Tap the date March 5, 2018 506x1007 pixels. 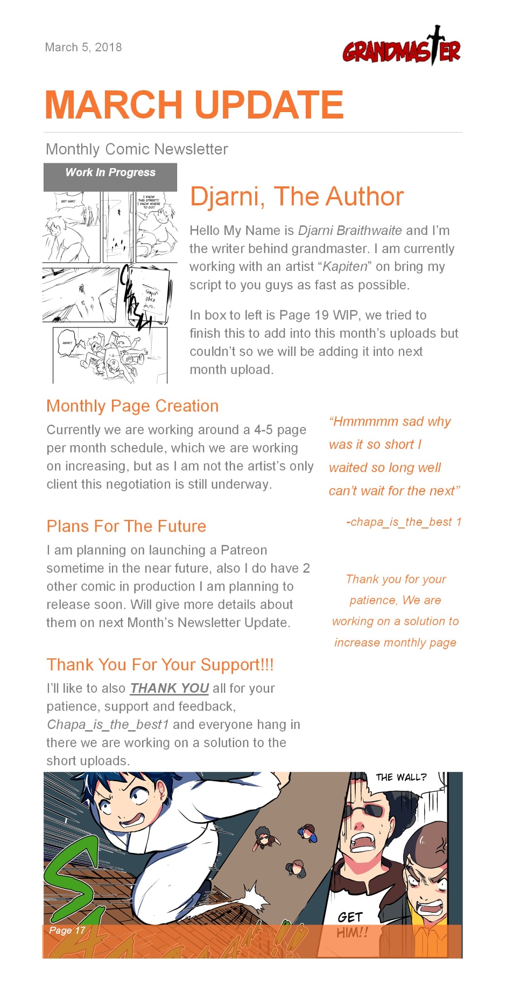83,47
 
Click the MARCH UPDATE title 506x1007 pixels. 194,105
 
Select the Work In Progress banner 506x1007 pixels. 110,173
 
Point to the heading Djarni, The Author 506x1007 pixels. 297,197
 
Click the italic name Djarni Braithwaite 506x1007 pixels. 349,231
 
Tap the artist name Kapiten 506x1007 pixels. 345,267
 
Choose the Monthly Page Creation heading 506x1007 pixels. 132,406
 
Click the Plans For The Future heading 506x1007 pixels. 127,526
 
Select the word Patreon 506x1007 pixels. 244,550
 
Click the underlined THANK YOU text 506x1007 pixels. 170,689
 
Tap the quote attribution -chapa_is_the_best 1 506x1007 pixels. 404,522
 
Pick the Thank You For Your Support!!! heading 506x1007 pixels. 160,665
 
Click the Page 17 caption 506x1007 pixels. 67,930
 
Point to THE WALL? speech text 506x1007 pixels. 400,777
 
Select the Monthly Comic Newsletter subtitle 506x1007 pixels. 137,149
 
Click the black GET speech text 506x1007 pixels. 350,917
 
